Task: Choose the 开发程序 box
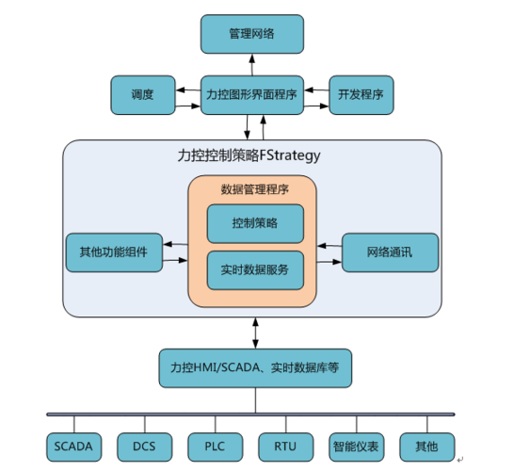point(361,94)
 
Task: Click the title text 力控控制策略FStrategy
point(249,153)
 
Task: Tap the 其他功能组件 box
point(113,252)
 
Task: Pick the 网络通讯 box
point(390,252)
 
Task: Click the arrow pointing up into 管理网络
point(252,64)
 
